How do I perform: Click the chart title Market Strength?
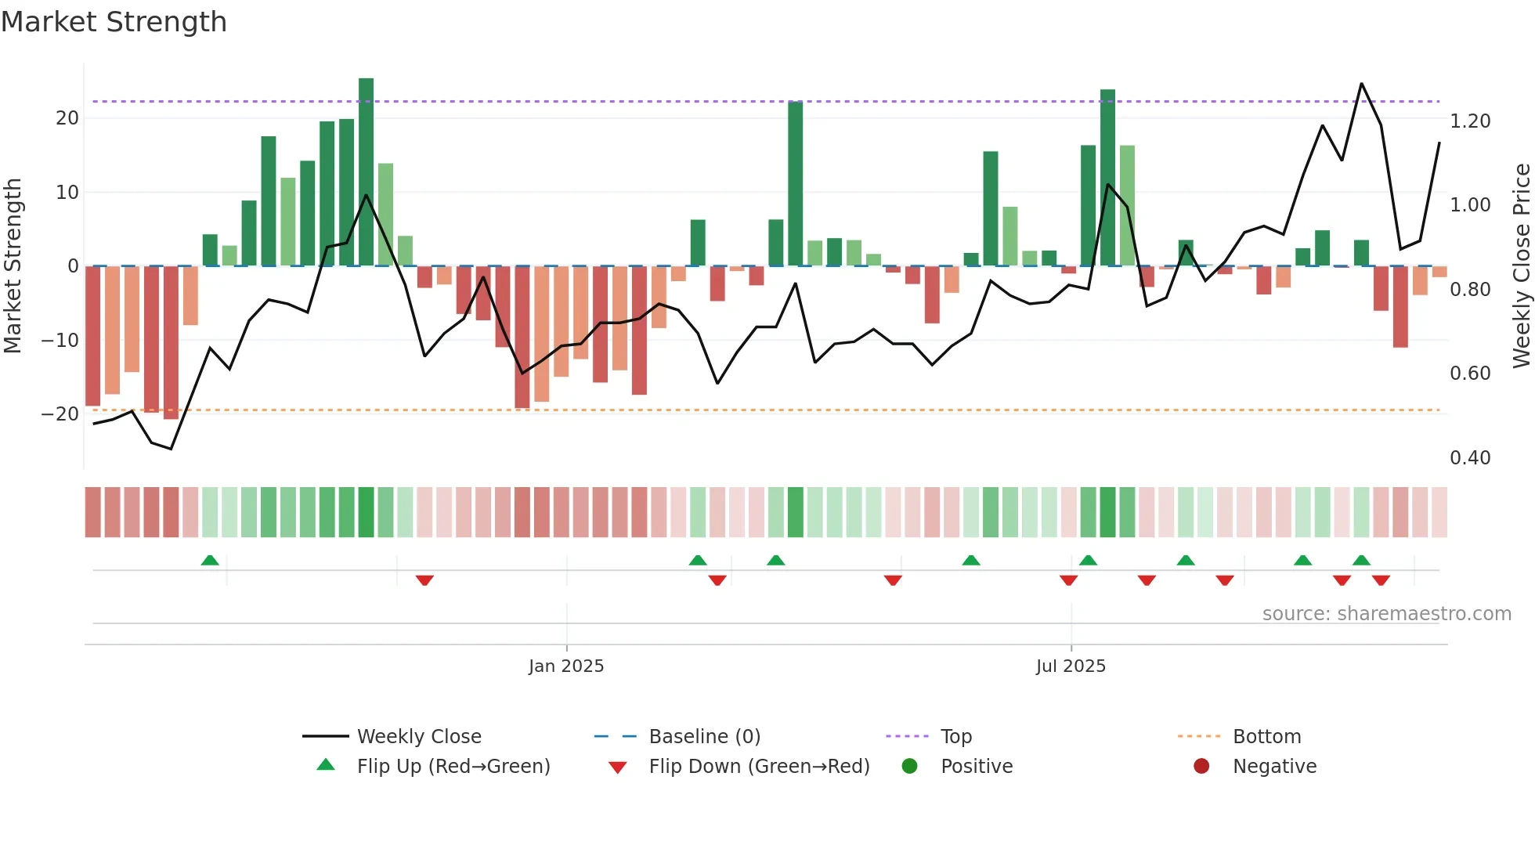114,22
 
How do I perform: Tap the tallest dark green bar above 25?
366,172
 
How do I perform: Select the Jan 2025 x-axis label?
566,666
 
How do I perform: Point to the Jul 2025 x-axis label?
1071,666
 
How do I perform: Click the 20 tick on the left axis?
67,118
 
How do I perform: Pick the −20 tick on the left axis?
60,414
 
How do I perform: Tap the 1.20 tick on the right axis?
1470,121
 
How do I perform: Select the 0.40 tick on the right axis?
1470,458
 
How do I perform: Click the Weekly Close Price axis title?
1521,266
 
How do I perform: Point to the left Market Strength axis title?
13,266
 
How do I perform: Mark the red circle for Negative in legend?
1201,767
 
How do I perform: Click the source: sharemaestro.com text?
1386,614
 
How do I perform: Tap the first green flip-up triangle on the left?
210,561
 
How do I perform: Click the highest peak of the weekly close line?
1361,84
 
